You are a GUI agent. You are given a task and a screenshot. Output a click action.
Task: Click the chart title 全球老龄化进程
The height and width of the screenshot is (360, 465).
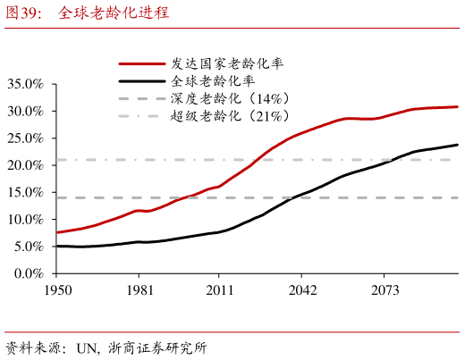click(114, 13)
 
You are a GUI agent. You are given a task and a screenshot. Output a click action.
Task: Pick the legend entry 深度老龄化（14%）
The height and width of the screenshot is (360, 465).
click(230, 98)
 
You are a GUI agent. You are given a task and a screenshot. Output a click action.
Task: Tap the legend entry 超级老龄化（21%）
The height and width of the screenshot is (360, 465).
click(230, 116)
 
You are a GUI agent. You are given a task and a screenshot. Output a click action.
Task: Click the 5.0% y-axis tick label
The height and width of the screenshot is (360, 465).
click(29, 247)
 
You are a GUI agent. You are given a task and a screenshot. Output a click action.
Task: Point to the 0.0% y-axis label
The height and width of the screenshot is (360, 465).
click(29, 273)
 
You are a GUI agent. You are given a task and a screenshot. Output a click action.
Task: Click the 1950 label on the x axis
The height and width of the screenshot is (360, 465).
click(58, 290)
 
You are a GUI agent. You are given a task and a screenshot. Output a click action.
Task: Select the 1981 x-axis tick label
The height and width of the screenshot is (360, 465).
click(139, 290)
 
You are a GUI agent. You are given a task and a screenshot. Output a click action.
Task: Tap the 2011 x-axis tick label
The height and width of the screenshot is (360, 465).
click(220, 290)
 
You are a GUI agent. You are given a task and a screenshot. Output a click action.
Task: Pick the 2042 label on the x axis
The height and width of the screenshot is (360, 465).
click(302, 290)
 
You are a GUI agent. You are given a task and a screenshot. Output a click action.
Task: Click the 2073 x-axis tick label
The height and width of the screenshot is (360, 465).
click(385, 290)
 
